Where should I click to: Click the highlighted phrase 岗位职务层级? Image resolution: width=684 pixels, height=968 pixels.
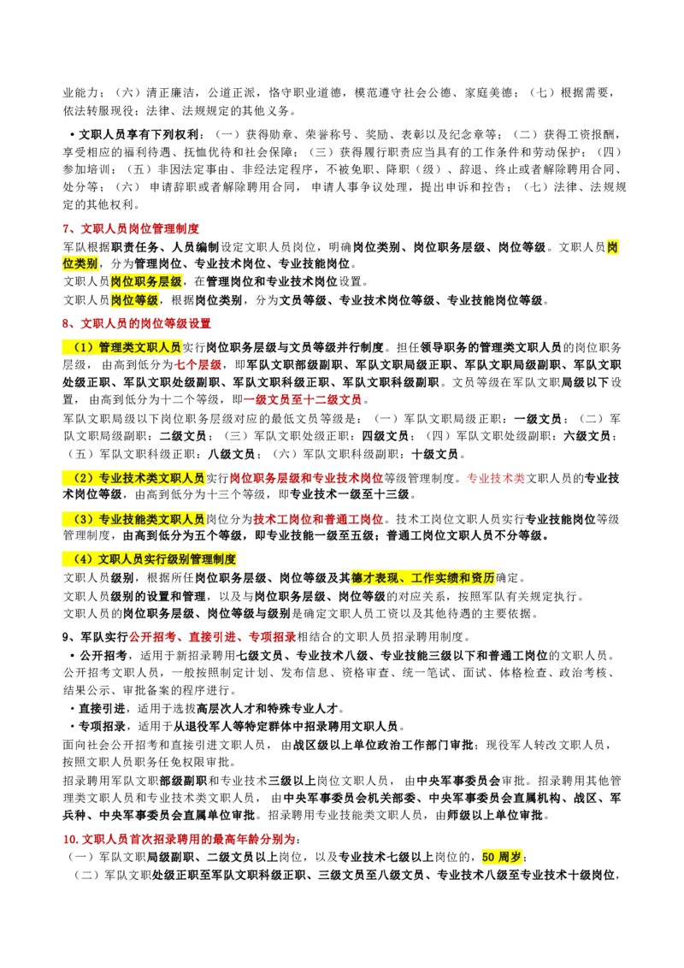point(146,281)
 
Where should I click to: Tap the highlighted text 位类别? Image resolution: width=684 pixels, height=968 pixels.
point(80,263)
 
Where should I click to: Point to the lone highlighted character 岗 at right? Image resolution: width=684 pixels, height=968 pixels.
point(612,246)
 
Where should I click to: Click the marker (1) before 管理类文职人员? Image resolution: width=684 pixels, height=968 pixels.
point(82,347)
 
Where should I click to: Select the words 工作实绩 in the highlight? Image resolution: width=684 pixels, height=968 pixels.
point(433,579)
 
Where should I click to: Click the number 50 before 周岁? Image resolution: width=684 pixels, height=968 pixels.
point(488,858)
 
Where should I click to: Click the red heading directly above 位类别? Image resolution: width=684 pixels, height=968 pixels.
point(133,229)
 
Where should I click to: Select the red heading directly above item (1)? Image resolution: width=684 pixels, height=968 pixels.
point(137,323)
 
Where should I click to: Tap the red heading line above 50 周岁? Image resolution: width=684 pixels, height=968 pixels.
point(180,841)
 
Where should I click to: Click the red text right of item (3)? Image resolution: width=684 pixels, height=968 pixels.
point(317,519)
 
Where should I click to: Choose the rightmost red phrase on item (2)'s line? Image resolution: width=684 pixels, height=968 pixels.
point(496,478)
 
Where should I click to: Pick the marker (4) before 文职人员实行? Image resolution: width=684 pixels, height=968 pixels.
point(82,559)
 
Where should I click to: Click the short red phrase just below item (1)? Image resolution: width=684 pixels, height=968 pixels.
point(198,366)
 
